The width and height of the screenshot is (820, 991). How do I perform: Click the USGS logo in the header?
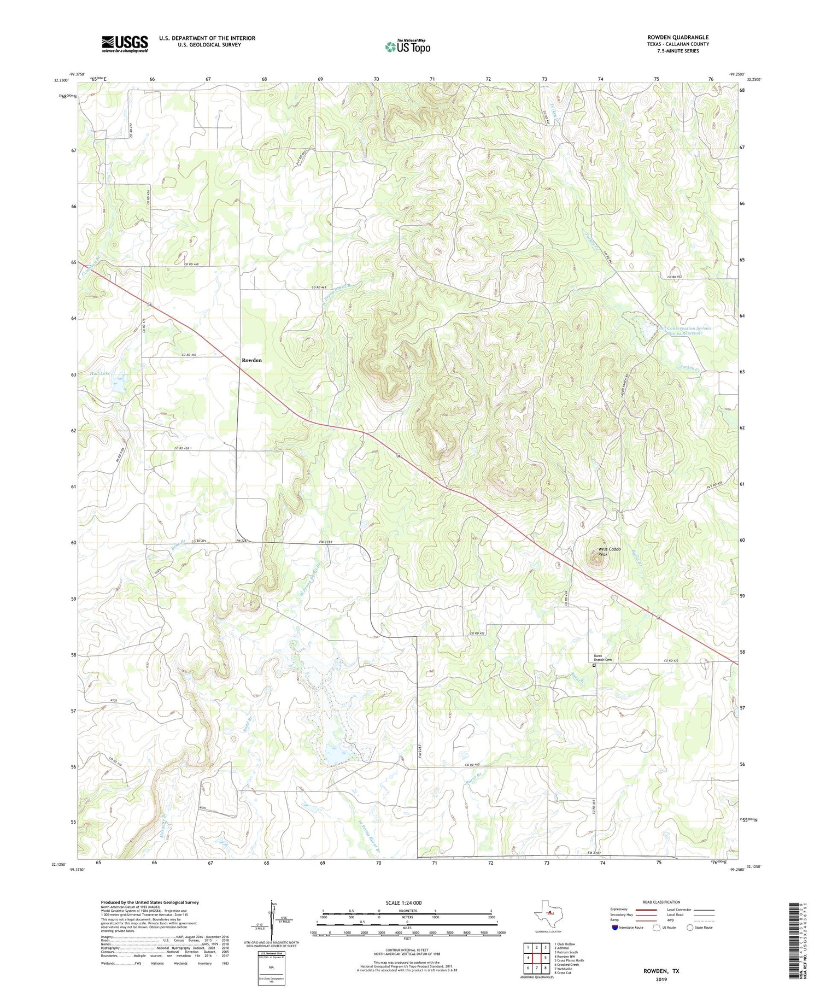click(125, 44)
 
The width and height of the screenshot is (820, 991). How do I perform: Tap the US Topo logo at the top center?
click(407, 46)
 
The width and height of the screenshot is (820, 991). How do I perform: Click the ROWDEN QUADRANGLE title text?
click(678, 37)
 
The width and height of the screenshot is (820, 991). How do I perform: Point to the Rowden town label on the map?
click(251, 360)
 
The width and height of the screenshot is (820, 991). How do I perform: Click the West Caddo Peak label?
click(609, 552)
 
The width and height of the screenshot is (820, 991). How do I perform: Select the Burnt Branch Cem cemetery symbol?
click(595, 666)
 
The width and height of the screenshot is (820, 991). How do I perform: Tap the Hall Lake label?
click(100, 373)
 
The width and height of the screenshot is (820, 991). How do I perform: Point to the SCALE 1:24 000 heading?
click(407, 902)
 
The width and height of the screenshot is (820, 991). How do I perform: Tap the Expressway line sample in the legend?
click(645, 910)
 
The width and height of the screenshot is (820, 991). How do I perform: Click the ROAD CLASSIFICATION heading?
click(661, 902)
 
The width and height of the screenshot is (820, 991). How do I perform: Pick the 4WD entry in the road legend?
click(674, 922)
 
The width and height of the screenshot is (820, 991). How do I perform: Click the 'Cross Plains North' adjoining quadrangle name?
click(569, 960)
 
